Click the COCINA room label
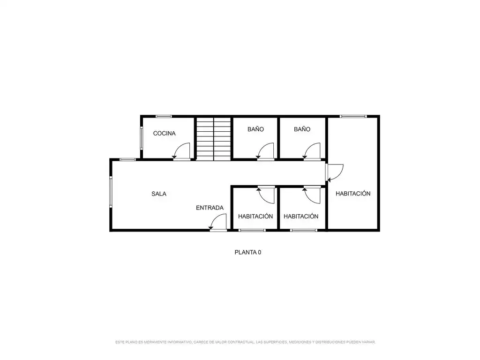[x=165, y=134]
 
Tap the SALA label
[x=159, y=194]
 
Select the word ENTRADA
[x=210, y=208]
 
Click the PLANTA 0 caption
[x=248, y=252]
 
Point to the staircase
[x=213, y=139]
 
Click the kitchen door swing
[x=182, y=151]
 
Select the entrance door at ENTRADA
[x=218, y=222]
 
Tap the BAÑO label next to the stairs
[x=255, y=129]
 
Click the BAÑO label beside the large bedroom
[x=302, y=129]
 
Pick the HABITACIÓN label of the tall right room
[x=353, y=194]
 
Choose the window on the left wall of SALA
[x=111, y=192]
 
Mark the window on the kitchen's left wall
[x=142, y=138]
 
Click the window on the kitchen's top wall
[x=164, y=116]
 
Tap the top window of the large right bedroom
[x=353, y=116]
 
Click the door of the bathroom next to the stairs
[x=265, y=151]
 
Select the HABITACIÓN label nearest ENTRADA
[x=255, y=217]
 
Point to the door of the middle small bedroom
[x=312, y=195]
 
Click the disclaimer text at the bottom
[x=245, y=342]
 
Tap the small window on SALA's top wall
[x=127, y=159]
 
